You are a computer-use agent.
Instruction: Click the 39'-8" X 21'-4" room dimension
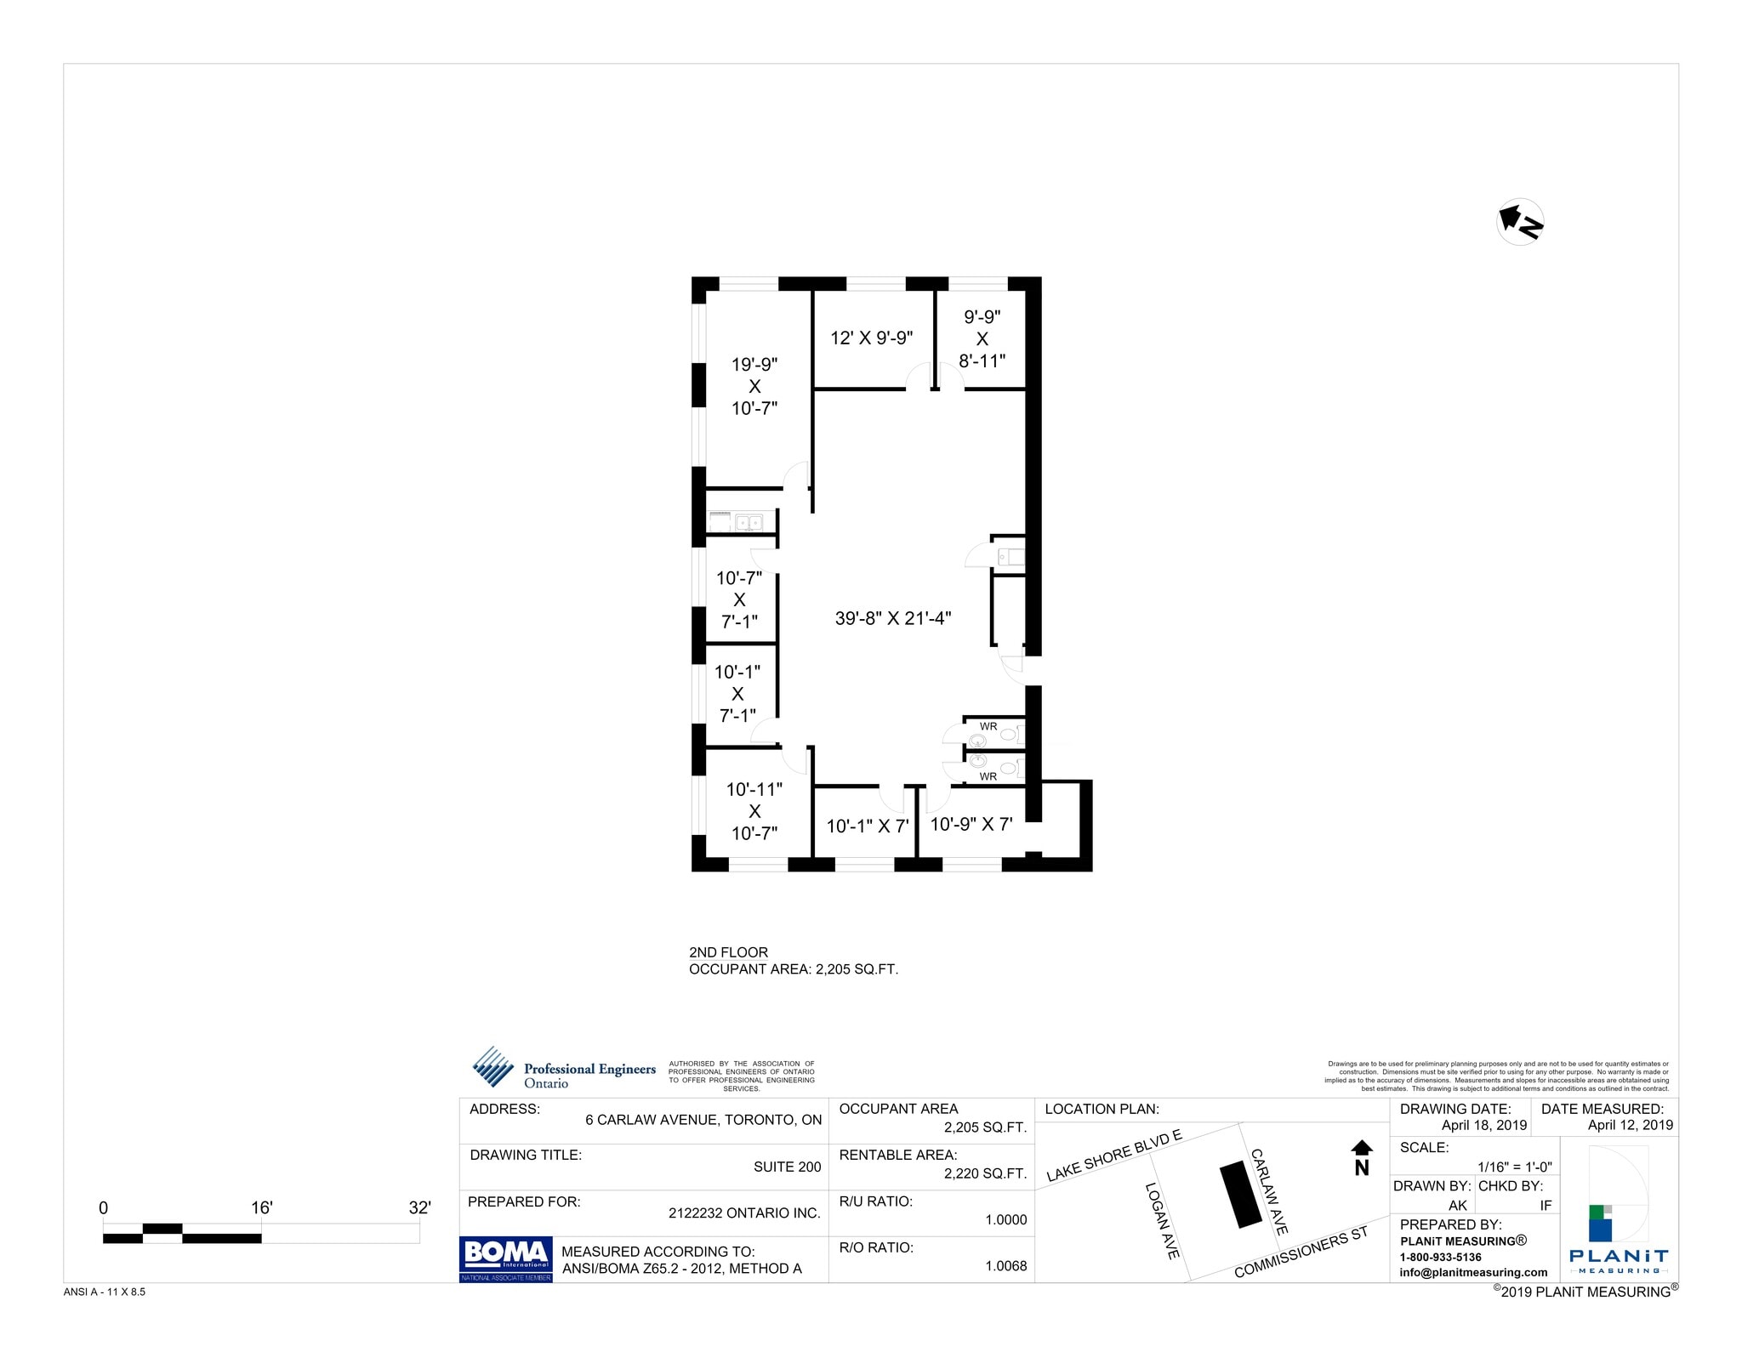click(x=892, y=618)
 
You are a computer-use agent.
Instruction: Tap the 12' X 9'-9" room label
click(x=871, y=338)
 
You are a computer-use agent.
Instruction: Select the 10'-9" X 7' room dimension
click(x=971, y=824)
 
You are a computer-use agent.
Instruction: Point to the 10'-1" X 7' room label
click(x=868, y=826)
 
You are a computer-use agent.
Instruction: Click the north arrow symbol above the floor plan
click(x=1519, y=223)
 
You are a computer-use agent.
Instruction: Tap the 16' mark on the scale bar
click(x=261, y=1207)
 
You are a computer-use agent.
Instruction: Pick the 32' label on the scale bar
click(x=419, y=1207)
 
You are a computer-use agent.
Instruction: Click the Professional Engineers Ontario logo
click(x=564, y=1069)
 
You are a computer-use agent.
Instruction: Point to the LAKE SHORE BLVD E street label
click(x=1113, y=1156)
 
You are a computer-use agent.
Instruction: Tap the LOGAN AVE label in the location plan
click(x=1161, y=1220)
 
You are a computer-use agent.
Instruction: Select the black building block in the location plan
click(x=1240, y=1195)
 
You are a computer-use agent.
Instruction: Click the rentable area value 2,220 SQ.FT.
click(x=985, y=1173)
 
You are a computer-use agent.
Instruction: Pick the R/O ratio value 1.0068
click(x=1005, y=1266)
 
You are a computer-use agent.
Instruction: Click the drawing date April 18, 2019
click(x=1483, y=1125)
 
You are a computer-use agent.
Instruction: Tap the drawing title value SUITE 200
click(x=787, y=1167)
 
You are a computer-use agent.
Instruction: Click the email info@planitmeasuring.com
click(x=1473, y=1272)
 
